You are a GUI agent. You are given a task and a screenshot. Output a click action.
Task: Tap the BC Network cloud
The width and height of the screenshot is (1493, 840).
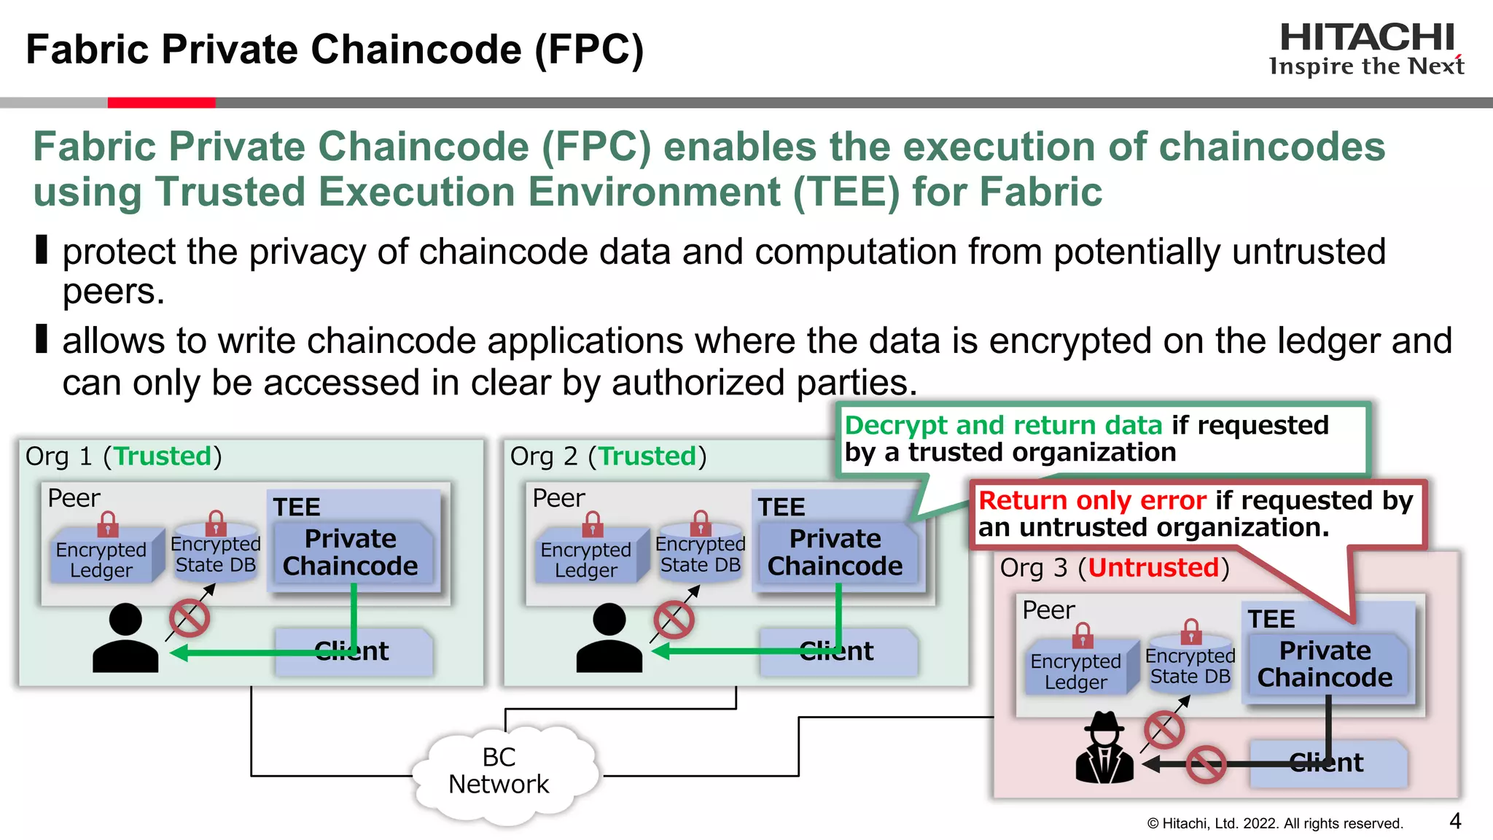pyautogui.click(x=499, y=771)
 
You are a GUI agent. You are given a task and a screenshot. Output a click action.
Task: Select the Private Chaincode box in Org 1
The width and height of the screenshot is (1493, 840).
pyautogui.click(x=351, y=553)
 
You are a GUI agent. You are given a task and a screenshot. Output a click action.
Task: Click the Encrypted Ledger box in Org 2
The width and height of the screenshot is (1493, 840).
pyautogui.click(x=586, y=559)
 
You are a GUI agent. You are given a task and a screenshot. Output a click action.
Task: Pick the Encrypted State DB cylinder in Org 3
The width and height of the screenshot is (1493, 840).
pyautogui.click(x=1190, y=666)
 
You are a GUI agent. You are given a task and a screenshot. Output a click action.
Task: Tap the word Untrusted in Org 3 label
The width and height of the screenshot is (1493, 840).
pyautogui.click(x=1153, y=567)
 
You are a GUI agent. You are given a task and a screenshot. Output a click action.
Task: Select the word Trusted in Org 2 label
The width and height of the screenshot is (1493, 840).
pyautogui.click(x=647, y=456)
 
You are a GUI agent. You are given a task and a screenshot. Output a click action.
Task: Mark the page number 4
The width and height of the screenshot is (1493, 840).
pyautogui.click(x=1455, y=821)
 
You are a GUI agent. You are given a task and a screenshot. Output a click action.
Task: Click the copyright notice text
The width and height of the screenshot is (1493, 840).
pyautogui.click(x=1274, y=824)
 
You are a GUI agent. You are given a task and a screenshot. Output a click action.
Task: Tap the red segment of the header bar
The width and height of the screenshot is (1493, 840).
pyautogui.click(x=161, y=103)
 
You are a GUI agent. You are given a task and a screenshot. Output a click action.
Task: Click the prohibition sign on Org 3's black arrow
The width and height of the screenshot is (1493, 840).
pyautogui.click(x=1205, y=764)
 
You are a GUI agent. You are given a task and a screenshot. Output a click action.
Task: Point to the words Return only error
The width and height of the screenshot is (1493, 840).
pyautogui.click(x=1092, y=501)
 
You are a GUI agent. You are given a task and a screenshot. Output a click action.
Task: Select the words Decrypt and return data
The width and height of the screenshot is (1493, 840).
pyautogui.click(x=1003, y=425)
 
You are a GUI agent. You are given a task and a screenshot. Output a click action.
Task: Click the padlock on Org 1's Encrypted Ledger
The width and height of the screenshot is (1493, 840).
pyautogui.click(x=108, y=523)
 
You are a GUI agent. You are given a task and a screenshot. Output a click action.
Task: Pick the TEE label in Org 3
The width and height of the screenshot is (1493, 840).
pyautogui.click(x=1271, y=619)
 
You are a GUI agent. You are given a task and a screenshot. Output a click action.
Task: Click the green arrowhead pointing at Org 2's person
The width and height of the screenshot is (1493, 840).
pyautogui.click(x=660, y=652)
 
